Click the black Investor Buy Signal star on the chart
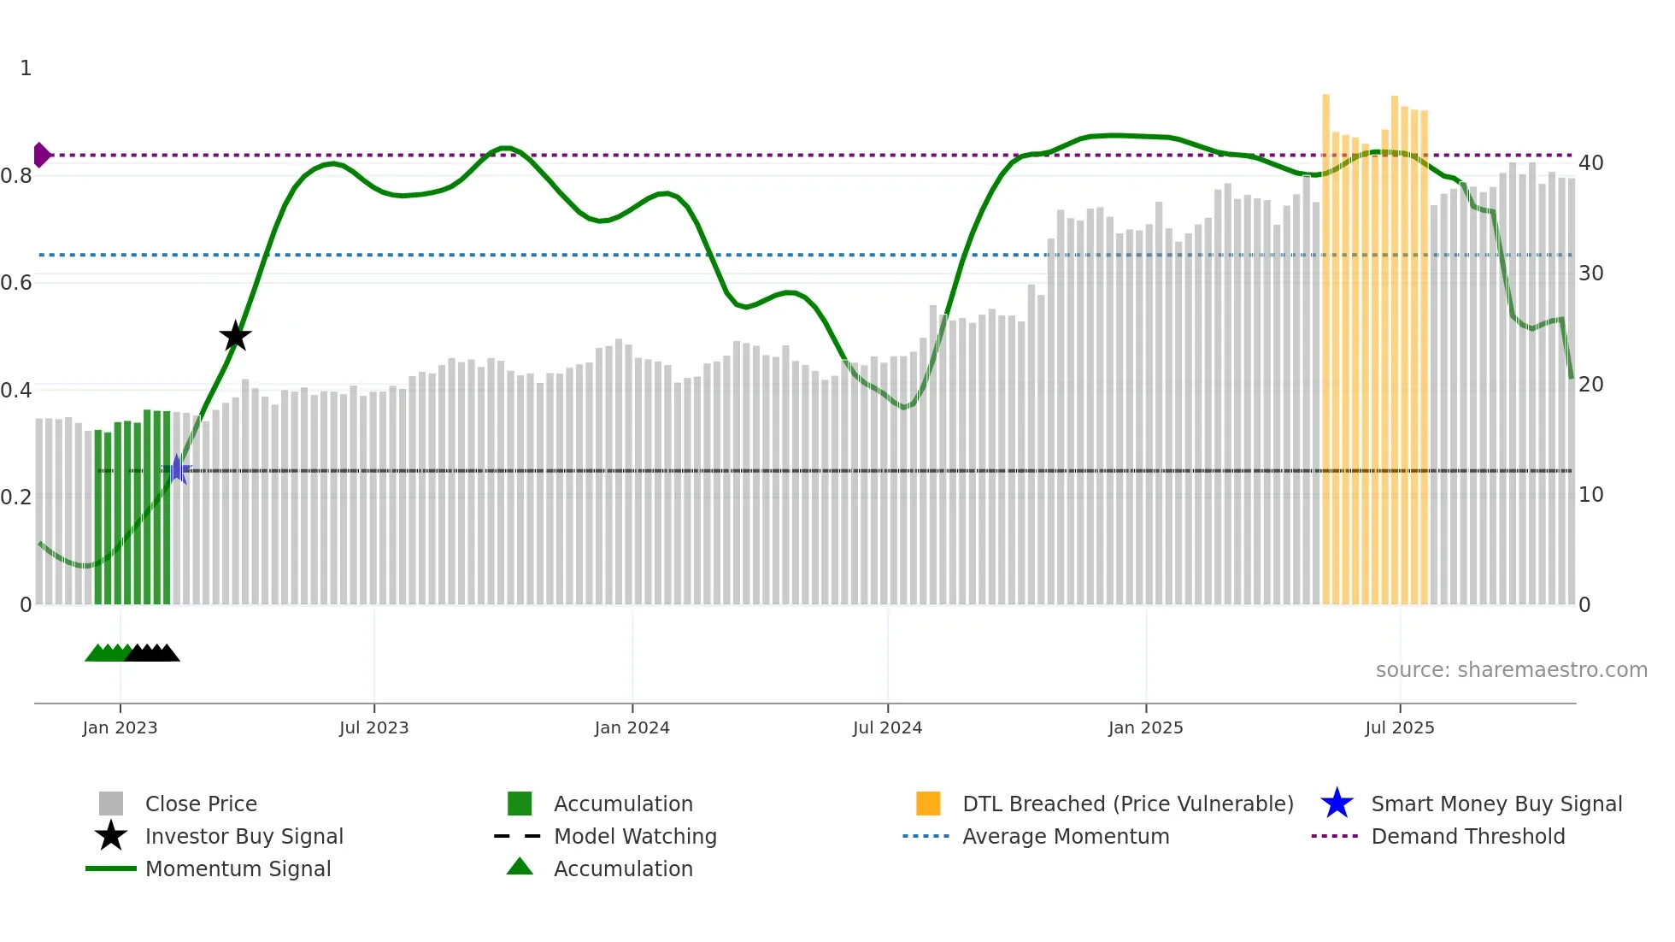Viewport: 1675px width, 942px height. pos(235,336)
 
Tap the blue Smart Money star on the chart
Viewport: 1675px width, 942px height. pos(177,469)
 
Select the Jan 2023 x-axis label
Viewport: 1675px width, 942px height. pos(120,727)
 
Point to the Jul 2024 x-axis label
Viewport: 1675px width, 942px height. pos(887,727)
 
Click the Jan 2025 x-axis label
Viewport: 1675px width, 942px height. pos(1145,727)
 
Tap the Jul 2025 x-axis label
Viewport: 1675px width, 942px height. pos(1399,727)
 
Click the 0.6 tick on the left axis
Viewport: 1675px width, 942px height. pos(16,282)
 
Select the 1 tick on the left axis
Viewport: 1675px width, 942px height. pos(26,68)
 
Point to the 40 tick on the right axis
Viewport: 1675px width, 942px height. pos(1590,162)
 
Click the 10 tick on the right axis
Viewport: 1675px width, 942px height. pos(1590,494)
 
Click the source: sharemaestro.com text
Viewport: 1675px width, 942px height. pos(1511,670)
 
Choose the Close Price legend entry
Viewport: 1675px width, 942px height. pos(201,804)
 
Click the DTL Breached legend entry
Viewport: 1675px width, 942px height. pos(1127,804)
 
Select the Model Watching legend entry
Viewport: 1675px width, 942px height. pos(634,836)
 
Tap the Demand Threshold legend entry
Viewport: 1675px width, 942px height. pos(1467,836)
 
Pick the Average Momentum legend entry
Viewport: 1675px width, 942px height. pos(1065,836)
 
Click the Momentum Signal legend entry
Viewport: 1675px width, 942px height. pos(238,868)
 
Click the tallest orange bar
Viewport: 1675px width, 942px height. pos(1325,342)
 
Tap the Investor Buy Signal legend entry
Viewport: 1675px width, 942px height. pos(244,836)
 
